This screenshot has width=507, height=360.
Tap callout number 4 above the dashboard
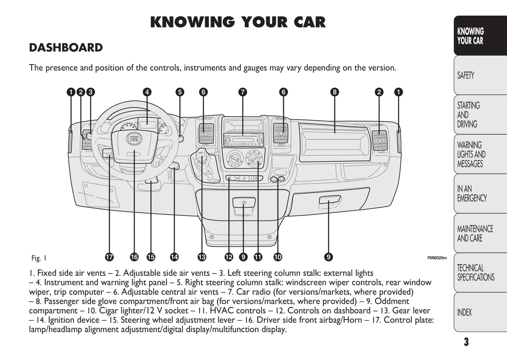[147, 92]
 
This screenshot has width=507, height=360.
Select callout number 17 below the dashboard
[109, 257]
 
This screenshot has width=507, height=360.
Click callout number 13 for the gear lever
[202, 257]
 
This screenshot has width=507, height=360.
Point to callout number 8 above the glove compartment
[334, 92]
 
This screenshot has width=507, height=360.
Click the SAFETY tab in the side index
[480, 75]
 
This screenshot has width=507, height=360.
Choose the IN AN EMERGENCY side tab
[480, 194]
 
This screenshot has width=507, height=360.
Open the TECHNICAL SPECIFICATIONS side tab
[480, 273]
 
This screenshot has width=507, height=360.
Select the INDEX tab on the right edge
[480, 312]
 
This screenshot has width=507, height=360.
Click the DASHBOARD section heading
[66, 48]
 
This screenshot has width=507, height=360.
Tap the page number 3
[466, 342]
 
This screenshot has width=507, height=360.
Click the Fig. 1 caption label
[39, 258]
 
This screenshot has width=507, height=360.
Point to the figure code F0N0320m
[437, 258]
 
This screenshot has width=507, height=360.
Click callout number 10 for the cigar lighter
[278, 257]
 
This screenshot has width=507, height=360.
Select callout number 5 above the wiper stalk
[180, 92]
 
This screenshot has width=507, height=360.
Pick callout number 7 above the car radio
[242, 92]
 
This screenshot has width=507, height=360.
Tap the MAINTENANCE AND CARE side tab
[480, 233]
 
